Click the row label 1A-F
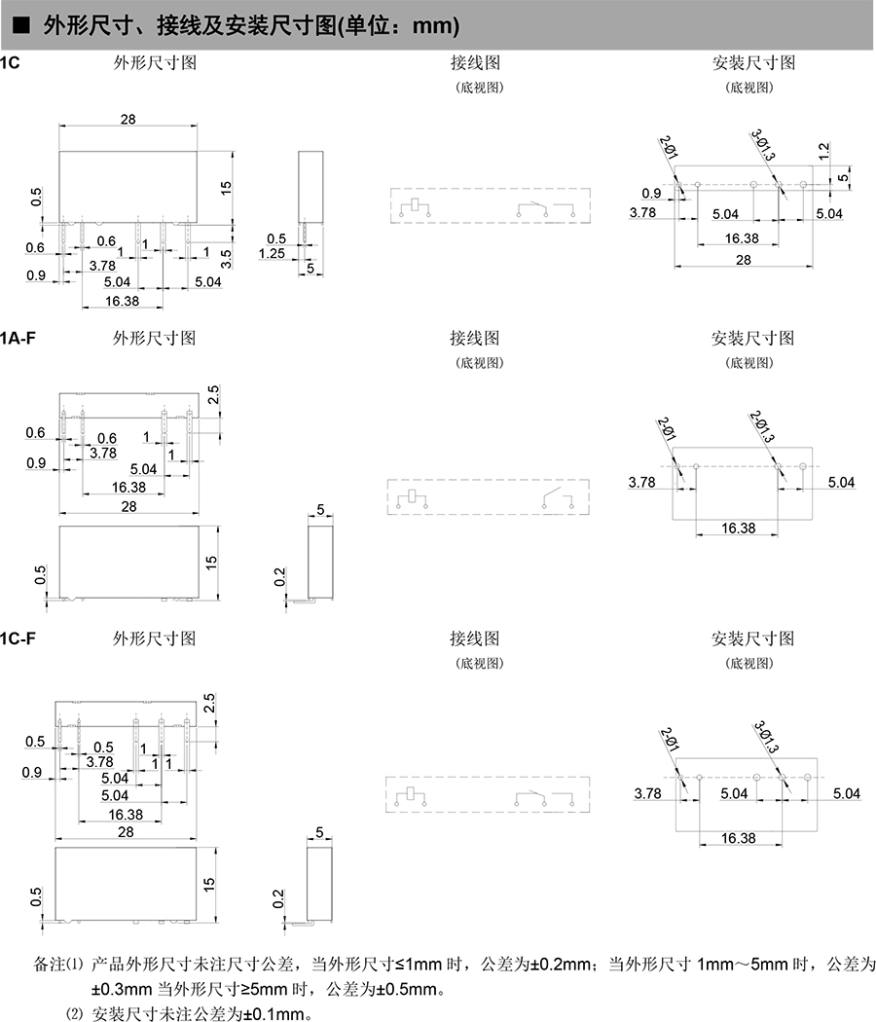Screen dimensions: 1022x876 [20, 338]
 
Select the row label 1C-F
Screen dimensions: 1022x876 [20, 639]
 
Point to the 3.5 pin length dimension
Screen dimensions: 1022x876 [226, 258]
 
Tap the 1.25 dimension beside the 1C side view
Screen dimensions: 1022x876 [272, 254]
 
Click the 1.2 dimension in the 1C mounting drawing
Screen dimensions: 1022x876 [823, 151]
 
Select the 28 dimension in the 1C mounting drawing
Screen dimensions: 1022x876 [744, 260]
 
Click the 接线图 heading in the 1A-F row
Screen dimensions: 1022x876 [474, 339]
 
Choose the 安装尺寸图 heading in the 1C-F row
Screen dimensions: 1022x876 [752, 639]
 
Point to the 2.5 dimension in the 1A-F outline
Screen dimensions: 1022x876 [213, 394]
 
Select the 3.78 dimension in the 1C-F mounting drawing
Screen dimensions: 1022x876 [647, 793]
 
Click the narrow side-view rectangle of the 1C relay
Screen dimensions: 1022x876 [310, 186]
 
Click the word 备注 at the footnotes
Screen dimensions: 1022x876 [48, 966]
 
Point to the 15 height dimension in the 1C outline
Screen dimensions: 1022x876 [225, 187]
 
